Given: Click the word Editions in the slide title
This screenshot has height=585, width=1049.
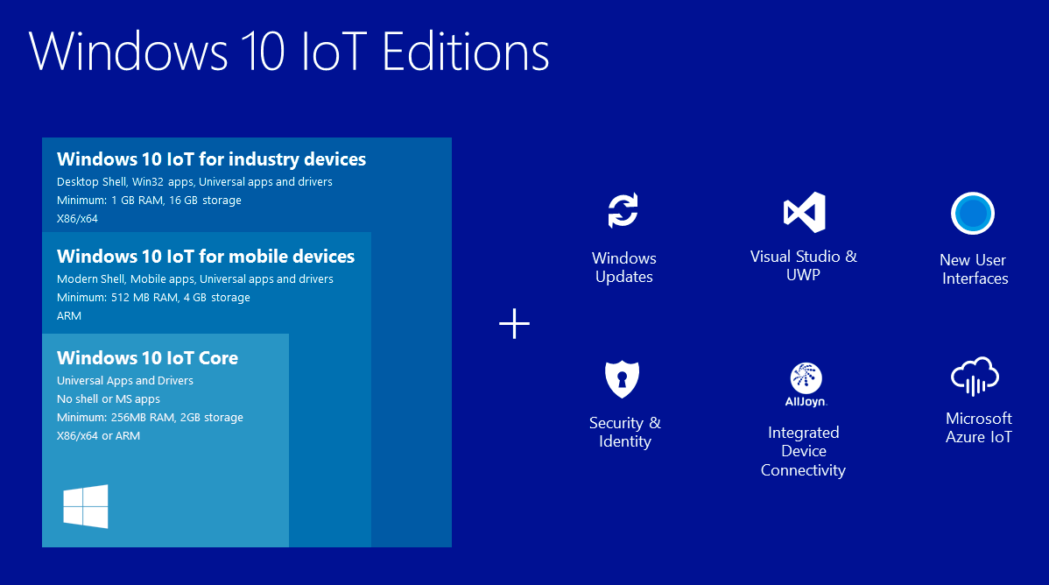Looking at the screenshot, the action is click(x=466, y=52).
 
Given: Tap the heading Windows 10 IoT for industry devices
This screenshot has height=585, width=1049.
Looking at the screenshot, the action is click(x=211, y=159).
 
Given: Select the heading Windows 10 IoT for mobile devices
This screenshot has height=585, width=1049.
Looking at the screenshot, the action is click(x=206, y=257).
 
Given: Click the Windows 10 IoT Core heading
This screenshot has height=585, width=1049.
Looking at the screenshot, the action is click(x=147, y=358).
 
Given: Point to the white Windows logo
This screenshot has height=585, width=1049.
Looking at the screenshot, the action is click(x=86, y=507).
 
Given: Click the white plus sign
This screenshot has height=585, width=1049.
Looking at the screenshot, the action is click(x=515, y=324).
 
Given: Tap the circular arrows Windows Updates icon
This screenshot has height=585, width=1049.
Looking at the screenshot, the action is click(x=623, y=210).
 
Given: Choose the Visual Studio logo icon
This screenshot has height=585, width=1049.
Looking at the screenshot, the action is click(x=804, y=212).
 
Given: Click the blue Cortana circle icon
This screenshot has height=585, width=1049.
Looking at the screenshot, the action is click(x=973, y=214).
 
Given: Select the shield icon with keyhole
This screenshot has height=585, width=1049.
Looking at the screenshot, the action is click(x=623, y=379).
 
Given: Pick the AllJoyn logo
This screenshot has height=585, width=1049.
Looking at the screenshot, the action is click(x=806, y=384).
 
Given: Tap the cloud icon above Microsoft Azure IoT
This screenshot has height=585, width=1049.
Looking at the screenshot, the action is click(x=975, y=377).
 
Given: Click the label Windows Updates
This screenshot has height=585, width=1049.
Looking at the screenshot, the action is click(x=624, y=267).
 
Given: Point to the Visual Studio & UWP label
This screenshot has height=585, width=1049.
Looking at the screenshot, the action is click(x=804, y=265).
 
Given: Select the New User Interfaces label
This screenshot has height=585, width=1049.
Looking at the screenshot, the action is click(x=974, y=269).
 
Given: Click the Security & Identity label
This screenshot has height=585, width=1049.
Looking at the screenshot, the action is click(x=625, y=432).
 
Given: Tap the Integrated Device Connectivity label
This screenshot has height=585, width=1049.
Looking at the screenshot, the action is click(x=804, y=451).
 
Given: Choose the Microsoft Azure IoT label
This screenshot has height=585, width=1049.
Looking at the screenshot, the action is click(x=979, y=427).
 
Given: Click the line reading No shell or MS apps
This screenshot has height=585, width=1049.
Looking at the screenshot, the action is click(x=109, y=399).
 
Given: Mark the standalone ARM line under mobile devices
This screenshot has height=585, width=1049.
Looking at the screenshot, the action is click(x=69, y=316).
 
